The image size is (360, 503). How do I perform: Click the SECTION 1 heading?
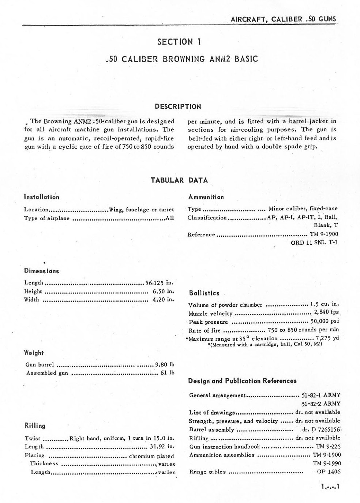[180, 42]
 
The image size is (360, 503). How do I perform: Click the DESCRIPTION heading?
[178, 107]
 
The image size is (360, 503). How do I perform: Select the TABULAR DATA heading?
[179, 180]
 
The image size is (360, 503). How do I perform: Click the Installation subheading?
[41, 197]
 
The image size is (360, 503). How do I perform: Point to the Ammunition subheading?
[206, 197]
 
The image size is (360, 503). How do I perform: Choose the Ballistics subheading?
[204, 293]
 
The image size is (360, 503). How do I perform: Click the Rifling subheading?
[35, 426]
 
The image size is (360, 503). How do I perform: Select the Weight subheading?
[34, 353]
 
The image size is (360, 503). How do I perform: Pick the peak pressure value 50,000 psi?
[325, 322]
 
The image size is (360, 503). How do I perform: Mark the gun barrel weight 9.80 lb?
[165, 364]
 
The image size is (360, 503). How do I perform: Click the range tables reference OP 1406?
[329, 472]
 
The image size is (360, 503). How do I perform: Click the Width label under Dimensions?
[31, 300]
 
